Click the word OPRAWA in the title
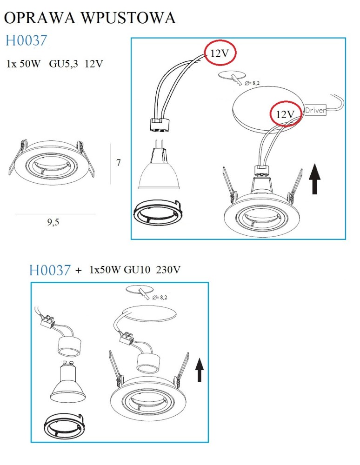pyautogui.click(x=40, y=18)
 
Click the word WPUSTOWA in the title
pyautogui.click(x=128, y=18)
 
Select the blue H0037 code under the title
pyautogui.click(x=26, y=40)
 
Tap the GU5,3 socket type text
pyautogui.click(x=63, y=64)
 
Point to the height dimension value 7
pyautogui.click(x=119, y=162)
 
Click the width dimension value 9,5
pyautogui.click(x=53, y=222)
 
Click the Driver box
pyautogui.click(x=315, y=110)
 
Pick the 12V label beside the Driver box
pyautogui.click(x=285, y=114)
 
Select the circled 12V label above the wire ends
pyautogui.click(x=220, y=53)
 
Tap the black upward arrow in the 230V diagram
pyautogui.click(x=200, y=370)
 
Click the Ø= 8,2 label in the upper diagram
pyautogui.click(x=253, y=83)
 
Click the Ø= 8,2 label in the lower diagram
pyautogui.click(x=160, y=298)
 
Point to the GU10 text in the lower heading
pyautogui.click(x=137, y=270)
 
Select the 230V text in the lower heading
pyautogui.click(x=168, y=270)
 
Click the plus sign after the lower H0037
pyautogui.click(x=78, y=271)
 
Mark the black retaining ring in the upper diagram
pyautogui.click(x=158, y=211)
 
